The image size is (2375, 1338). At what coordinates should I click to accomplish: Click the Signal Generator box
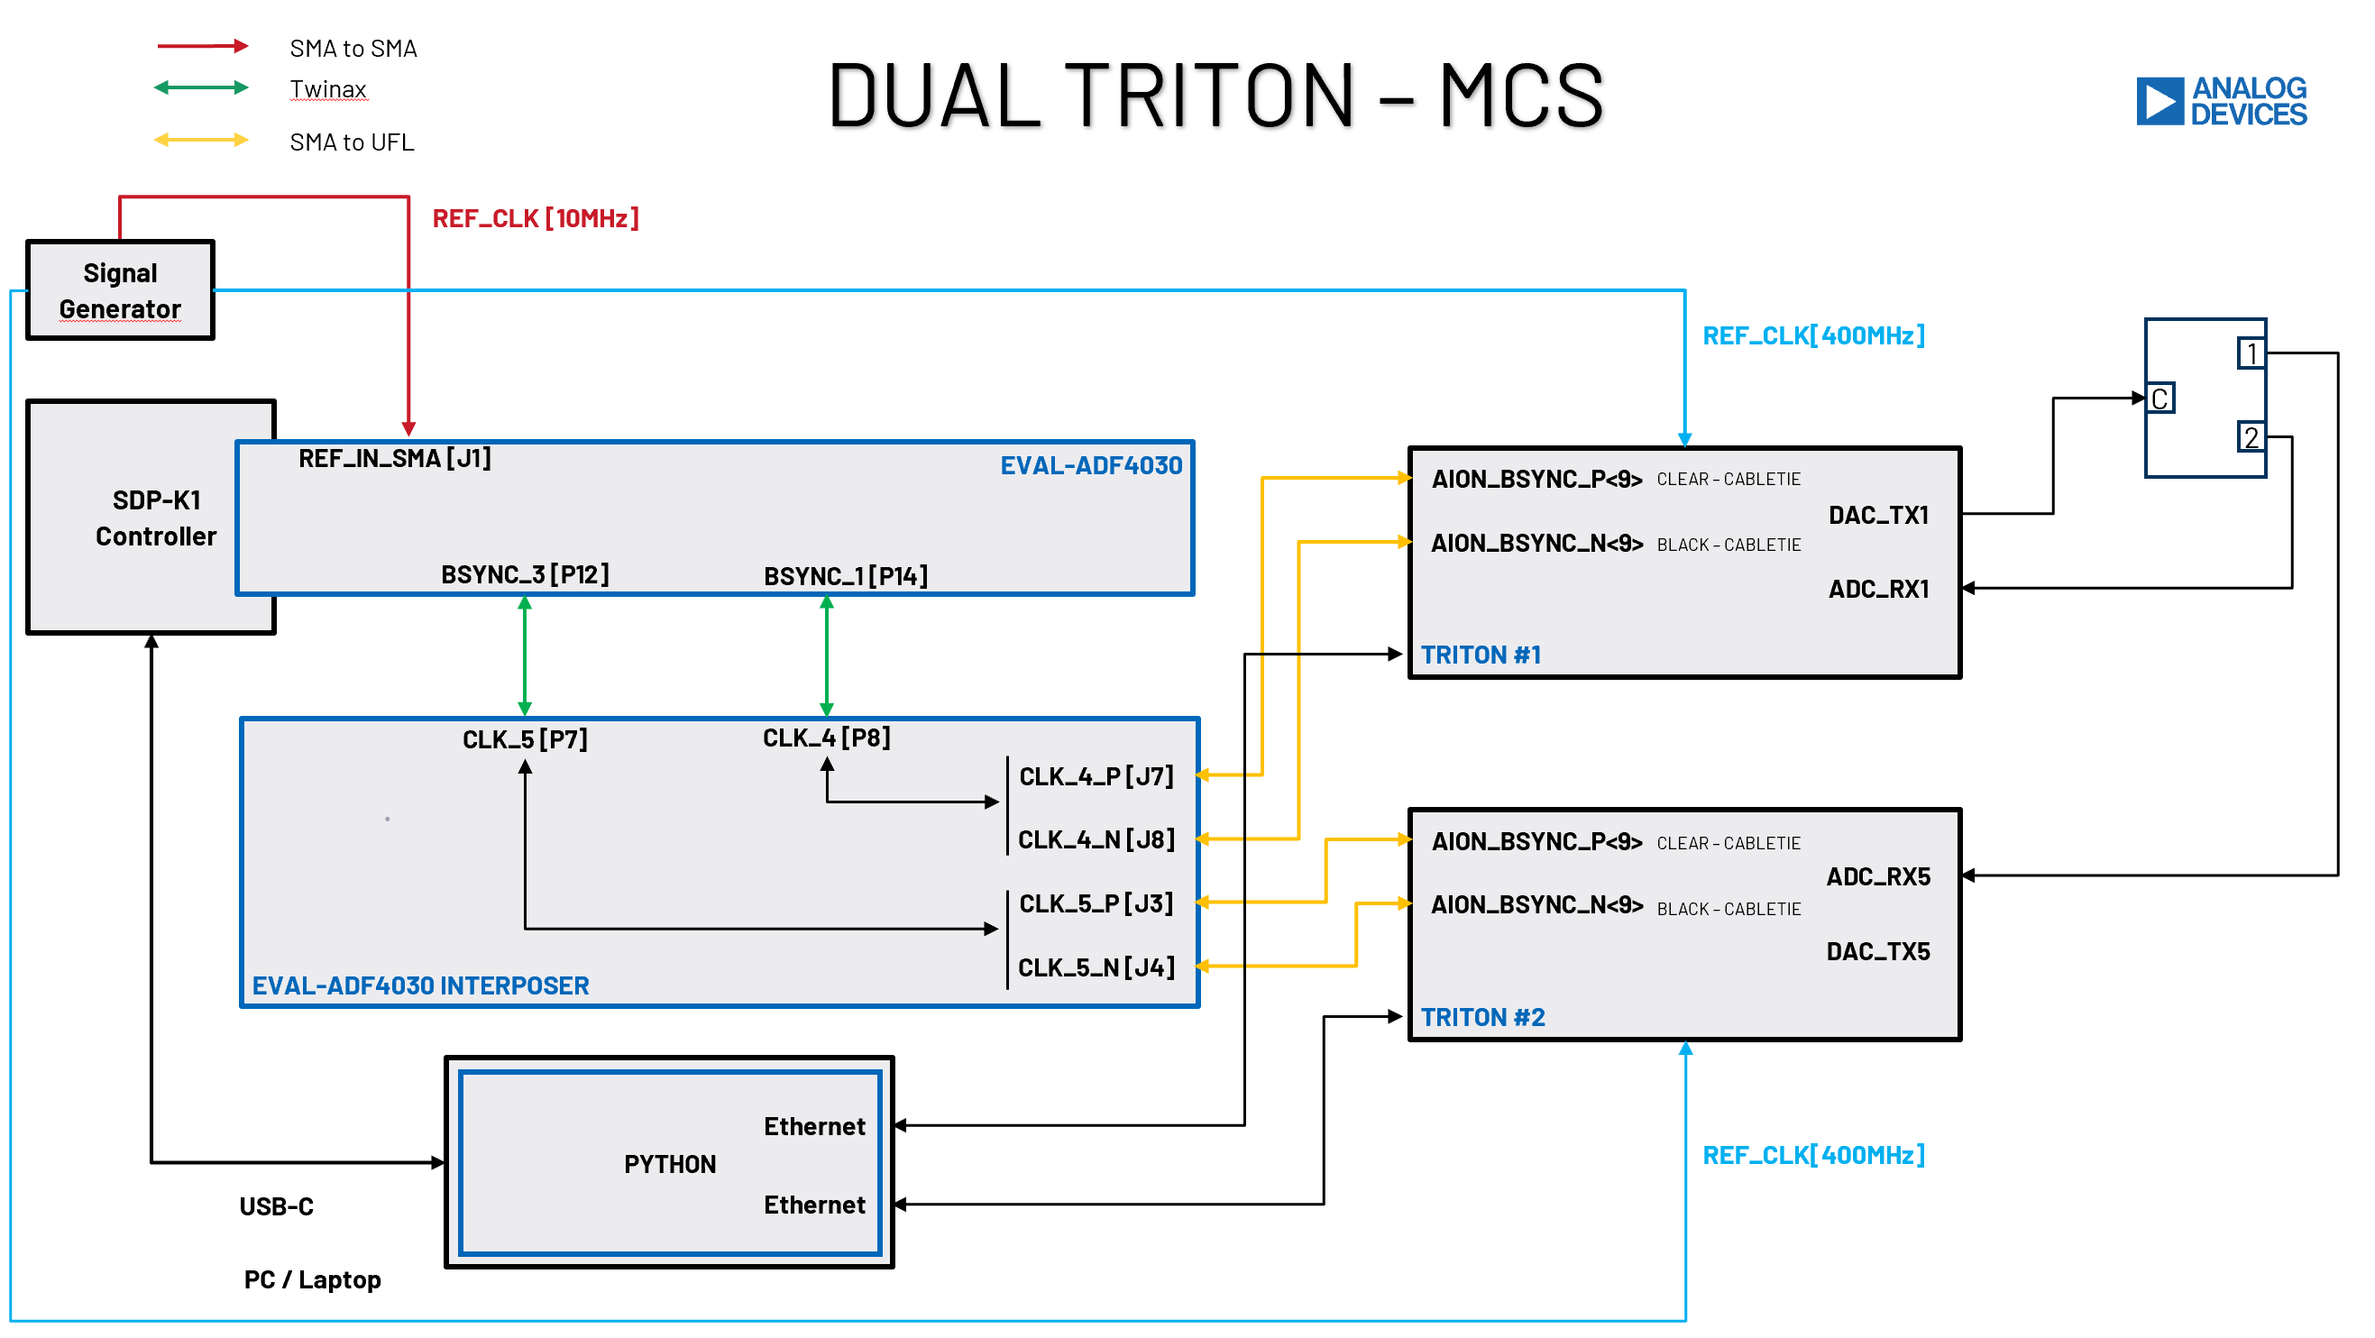(x=121, y=291)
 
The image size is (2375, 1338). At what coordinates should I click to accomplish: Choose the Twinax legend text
(x=329, y=89)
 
